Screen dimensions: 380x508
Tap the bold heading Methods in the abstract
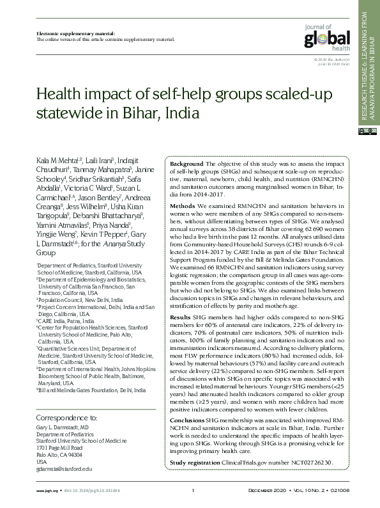point(183,205)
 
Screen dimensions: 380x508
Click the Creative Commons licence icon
point(366,131)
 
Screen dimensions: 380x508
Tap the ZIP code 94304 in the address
point(73,454)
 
